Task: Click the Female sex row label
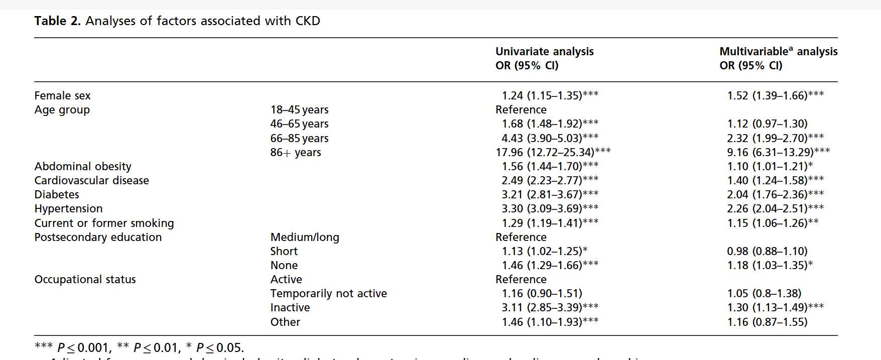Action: coord(62,95)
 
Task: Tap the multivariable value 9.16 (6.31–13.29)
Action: coord(778,152)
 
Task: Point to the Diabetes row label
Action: coord(57,194)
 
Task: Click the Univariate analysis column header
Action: coord(544,52)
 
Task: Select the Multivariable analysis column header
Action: coord(778,52)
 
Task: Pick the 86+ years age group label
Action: coord(296,152)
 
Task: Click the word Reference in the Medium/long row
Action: coord(521,237)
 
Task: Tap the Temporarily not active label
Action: coord(328,293)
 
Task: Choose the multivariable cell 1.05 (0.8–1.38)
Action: coord(764,293)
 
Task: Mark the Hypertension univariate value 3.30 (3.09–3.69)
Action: coord(550,208)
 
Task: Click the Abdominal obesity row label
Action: coord(83,166)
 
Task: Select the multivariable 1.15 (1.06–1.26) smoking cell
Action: coord(773,223)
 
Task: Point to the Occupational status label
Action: coord(85,279)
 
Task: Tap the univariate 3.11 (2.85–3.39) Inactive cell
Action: coord(550,307)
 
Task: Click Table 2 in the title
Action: coord(57,21)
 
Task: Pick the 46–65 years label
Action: coord(299,124)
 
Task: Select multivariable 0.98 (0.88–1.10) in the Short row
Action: coord(767,251)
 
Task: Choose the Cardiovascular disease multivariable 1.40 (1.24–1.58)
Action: coord(775,180)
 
